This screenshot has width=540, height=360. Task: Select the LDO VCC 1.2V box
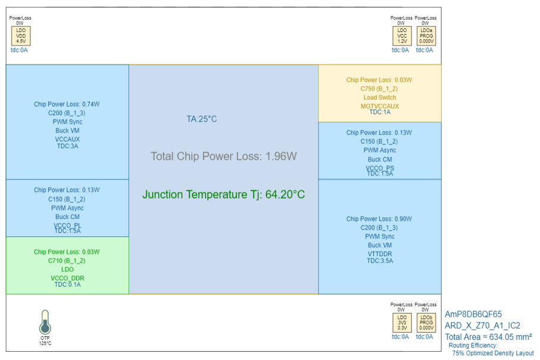coord(401,37)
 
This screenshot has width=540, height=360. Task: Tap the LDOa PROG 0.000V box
coord(426,37)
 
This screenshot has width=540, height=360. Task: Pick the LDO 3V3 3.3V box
coord(401,323)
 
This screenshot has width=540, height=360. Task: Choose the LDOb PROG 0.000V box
coord(426,323)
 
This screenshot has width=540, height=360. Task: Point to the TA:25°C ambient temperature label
coord(202,119)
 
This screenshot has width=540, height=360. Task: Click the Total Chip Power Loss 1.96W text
coord(223,156)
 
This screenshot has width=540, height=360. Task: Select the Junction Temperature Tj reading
coord(223,195)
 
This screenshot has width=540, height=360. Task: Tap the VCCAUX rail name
coord(67,139)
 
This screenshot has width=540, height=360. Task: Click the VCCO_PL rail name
coord(67,226)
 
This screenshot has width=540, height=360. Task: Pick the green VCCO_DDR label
coord(67,278)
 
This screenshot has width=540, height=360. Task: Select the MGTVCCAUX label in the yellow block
coord(379,106)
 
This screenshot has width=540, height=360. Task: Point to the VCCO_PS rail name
coord(379,168)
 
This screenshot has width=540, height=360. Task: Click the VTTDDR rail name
coord(379,254)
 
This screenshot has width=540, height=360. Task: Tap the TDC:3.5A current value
coord(379,261)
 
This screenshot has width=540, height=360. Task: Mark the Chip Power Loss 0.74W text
coord(67,104)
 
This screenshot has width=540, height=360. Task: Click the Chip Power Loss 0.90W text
coord(379,219)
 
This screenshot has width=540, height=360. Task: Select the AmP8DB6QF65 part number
coord(473,314)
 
